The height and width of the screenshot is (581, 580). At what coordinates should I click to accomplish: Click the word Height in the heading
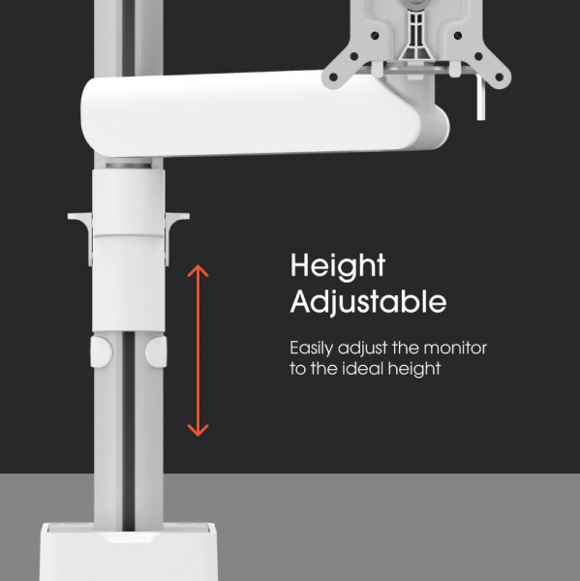[338, 266]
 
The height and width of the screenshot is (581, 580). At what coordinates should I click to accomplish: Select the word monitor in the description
[455, 348]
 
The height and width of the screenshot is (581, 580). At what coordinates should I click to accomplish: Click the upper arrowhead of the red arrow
[198, 270]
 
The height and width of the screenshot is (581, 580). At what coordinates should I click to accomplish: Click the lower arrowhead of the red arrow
[198, 431]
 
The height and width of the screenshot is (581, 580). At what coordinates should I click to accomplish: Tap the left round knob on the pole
[101, 352]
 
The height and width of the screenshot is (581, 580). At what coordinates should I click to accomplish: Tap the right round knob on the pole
[156, 352]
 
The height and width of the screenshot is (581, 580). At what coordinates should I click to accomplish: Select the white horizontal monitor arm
[259, 115]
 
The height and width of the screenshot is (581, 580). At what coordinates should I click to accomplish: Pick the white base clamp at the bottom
[128, 552]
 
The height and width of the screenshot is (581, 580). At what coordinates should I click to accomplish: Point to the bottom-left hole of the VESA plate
[333, 77]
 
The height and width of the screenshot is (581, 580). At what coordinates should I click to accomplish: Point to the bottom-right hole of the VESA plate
[500, 77]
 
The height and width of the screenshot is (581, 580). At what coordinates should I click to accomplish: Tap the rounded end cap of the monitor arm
[435, 127]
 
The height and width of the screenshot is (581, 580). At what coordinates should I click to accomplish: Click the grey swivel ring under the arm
[129, 164]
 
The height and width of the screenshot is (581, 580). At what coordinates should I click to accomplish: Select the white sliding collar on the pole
[129, 251]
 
